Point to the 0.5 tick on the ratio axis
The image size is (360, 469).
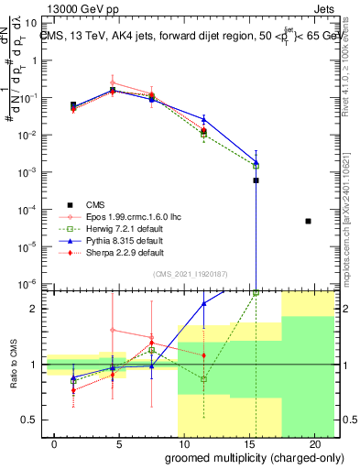[29, 420]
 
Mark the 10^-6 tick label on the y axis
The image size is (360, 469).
[27, 283]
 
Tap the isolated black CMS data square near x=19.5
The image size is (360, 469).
[308, 221]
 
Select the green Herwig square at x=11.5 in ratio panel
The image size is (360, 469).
[204, 378]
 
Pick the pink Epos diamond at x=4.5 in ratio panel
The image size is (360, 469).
[113, 330]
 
